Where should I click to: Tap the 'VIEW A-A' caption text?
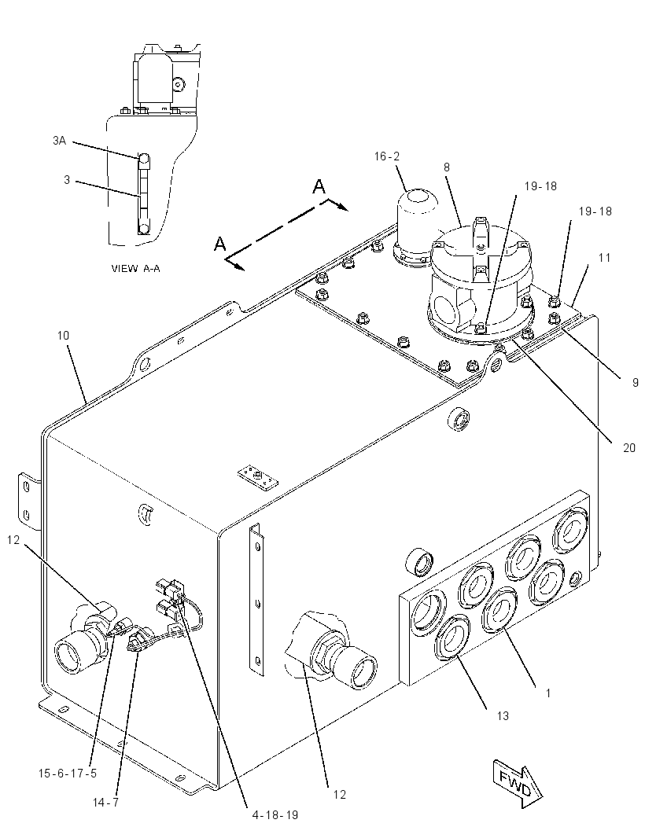tap(135, 268)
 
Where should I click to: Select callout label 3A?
tap(59, 141)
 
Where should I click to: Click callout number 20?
tap(629, 447)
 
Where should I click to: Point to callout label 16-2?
tap(387, 156)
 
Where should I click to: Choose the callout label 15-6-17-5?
tap(68, 773)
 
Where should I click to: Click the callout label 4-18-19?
tap(275, 815)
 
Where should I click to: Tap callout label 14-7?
tap(105, 802)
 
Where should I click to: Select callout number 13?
tap(502, 715)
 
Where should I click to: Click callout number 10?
tap(63, 336)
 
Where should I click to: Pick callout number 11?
tap(604, 258)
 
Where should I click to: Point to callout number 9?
tap(636, 382)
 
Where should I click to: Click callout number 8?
tap(447, 167)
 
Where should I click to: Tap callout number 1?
tap(548, 693)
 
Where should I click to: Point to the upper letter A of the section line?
tap(319, 186)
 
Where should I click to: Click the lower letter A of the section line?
tap(220, 244)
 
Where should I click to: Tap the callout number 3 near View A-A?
tap(67, 179)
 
